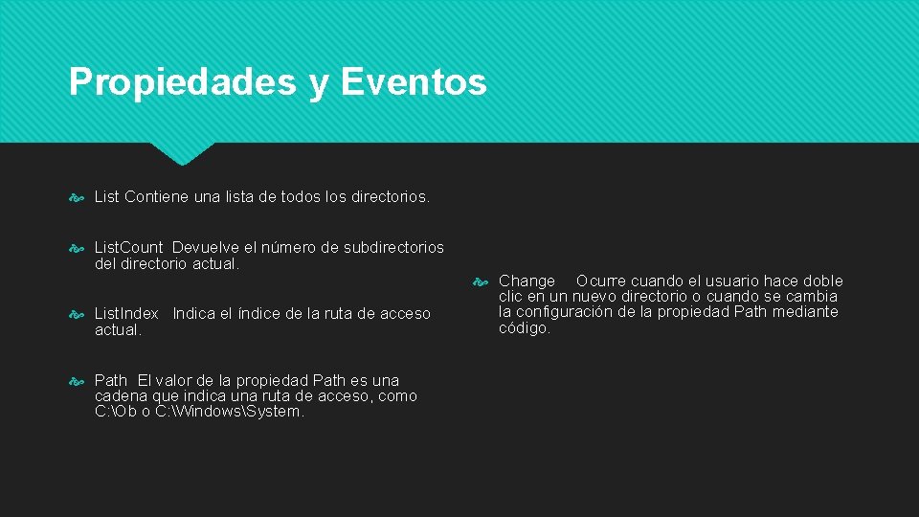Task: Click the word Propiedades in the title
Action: tap(182, 82)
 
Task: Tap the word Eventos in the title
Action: tap(413, 82)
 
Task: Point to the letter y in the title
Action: tap(318, 84)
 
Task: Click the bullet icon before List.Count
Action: tap(78, 248)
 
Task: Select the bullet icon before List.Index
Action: tap(78, 314)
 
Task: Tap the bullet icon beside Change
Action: tap(483, 281)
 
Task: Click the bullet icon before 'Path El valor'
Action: tap(78, 381)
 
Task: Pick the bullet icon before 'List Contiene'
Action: tap(78, 197)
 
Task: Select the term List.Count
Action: tap(129, 247)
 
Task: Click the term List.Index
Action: tap(127, 313)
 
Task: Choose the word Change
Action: tap(527, 281)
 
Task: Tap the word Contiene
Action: tap(156, 196)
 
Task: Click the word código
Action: tap(525, 327)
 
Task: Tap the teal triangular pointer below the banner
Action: tap(183, 153)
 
